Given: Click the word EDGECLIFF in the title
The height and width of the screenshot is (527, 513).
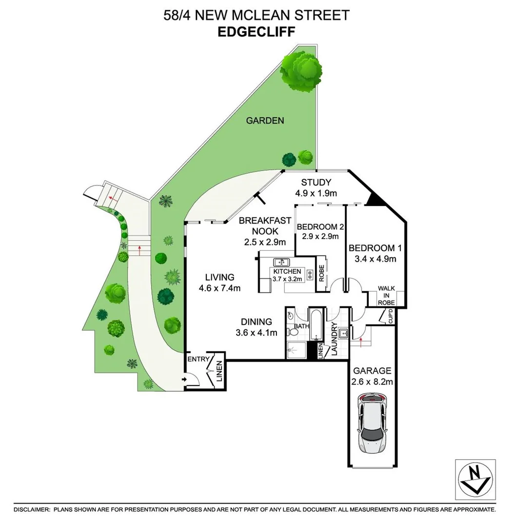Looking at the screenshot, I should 256,32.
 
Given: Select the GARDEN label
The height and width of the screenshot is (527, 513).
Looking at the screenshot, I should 265,120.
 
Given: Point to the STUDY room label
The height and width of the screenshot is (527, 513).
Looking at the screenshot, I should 316,183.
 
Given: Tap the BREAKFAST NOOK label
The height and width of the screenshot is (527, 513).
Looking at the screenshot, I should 265,226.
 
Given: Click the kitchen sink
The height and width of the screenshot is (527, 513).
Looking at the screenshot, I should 281,263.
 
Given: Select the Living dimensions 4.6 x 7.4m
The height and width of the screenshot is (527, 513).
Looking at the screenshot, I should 219,288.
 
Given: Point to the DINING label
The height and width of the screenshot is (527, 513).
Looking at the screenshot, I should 256,322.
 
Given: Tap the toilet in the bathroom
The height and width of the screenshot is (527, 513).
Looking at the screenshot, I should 293,332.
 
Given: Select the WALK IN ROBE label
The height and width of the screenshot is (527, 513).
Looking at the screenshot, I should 386,295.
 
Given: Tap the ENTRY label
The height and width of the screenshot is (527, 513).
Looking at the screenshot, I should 198,359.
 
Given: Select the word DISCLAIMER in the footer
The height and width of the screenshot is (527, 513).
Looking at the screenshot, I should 32,509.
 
